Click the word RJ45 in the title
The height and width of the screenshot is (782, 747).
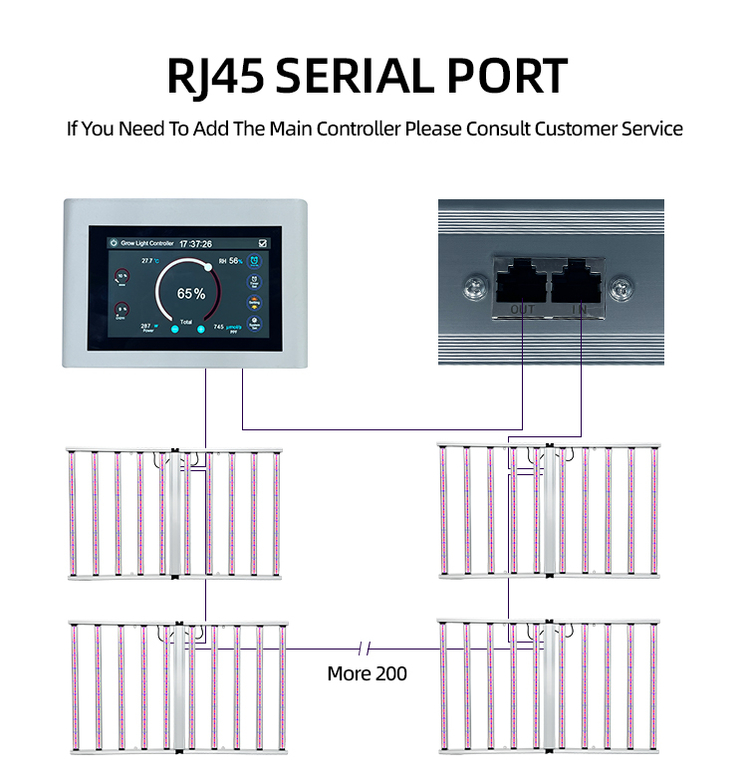(214, 78)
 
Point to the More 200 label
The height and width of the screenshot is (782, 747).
(367, 673)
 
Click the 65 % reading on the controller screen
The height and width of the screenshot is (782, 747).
(191, 294)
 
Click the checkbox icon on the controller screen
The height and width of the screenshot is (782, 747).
(262, 242)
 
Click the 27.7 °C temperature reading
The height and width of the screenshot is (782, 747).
(150, 261)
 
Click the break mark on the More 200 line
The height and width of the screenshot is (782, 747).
(364, 649)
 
